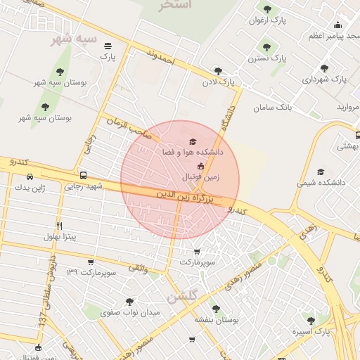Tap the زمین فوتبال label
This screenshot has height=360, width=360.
tap(201, 177)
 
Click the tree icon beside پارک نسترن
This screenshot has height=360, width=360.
tap(266, 47)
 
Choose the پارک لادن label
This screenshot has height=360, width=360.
tap(218, 82)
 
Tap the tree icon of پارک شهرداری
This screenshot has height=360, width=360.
tap(324, 68)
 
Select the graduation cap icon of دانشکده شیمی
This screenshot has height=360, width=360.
tap(321, 172)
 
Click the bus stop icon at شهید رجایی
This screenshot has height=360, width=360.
tap(84, 175)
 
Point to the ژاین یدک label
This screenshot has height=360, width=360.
tap(49, 188)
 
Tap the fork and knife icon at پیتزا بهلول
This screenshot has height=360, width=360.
tap(60, 226)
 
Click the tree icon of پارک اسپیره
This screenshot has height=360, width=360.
tap(311, 321)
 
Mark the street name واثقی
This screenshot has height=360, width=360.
tap(138, 269)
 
